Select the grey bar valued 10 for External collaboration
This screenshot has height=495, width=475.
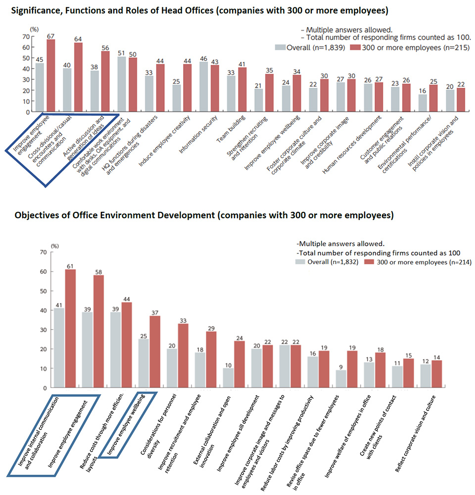[x=229, y=378]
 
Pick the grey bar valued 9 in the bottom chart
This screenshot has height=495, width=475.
[x=341, y=379]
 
